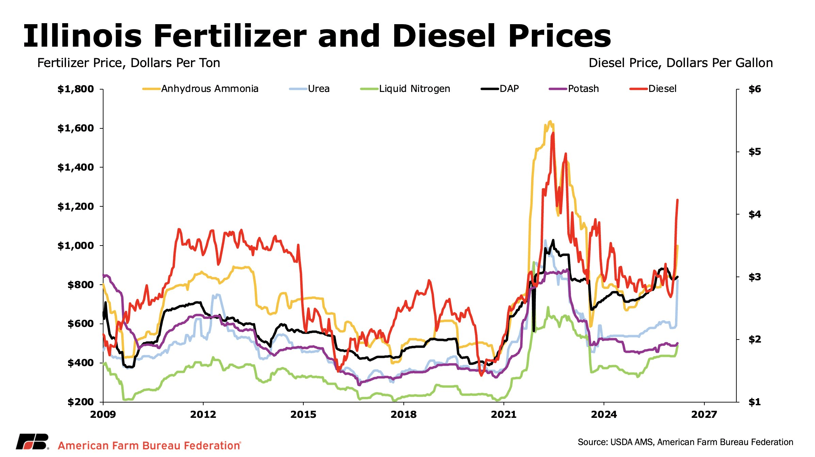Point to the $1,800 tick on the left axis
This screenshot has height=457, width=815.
point(76,89)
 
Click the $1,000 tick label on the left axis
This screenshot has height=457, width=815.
point(76,246)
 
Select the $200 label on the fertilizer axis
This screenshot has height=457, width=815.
point(80,402)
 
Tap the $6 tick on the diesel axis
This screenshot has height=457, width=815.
point(754,89)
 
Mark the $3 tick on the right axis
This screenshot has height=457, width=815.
point(754,277)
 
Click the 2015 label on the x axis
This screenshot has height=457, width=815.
point(303,414)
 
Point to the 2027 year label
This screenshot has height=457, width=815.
point(704,414)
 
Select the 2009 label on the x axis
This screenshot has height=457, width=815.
point(103,414)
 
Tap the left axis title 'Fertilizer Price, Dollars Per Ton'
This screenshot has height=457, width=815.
point(129,63)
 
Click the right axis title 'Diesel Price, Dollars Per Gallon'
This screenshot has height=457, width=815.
point(681,63)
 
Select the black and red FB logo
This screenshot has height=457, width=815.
point(32,442)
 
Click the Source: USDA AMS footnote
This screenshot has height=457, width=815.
point(685,442)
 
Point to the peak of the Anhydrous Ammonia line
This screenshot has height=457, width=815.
point(550,121)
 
